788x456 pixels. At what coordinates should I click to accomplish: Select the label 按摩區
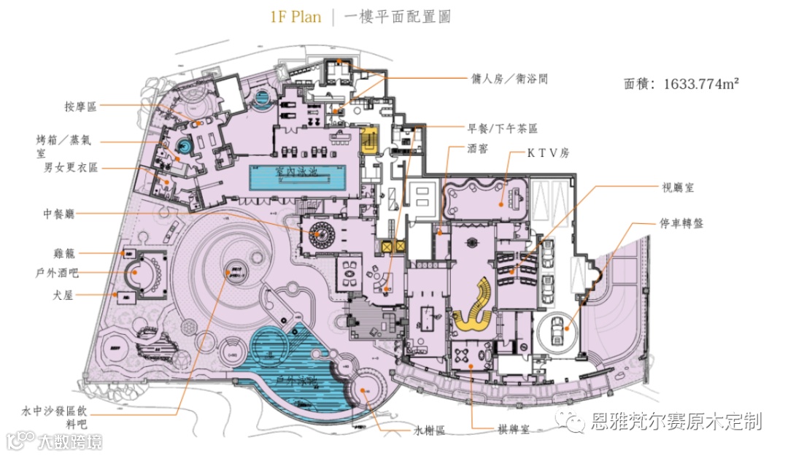coord(80,107)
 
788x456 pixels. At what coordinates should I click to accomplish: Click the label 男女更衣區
coord(69,168)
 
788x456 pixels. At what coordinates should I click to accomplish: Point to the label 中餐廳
coord(58,215)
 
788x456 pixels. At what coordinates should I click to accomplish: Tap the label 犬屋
coord(66,295)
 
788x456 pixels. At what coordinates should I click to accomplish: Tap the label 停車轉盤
coord(682,223)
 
